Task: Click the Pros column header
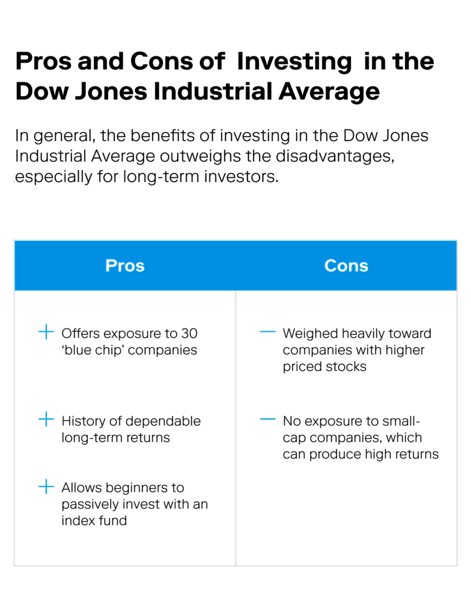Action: pyautogui.click(x=125, y=265)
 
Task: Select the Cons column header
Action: pyautogui.click(x=346, y=265)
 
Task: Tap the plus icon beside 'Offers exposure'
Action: pyautogui.click(x=46, y=332)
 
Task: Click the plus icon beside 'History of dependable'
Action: pyautogui.click(x=46, y=420)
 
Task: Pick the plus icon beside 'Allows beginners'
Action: pyautogui.click(x=46, y=486)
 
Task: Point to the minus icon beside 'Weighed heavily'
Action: pyautogui.click(x=267, y=332)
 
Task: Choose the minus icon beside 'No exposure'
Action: pyautogui.click(x=267, y=420)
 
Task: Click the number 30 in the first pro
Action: pyautogui.click(x=189, y=333)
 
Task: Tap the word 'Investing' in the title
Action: pyautogui.click(x=294, y=61)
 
